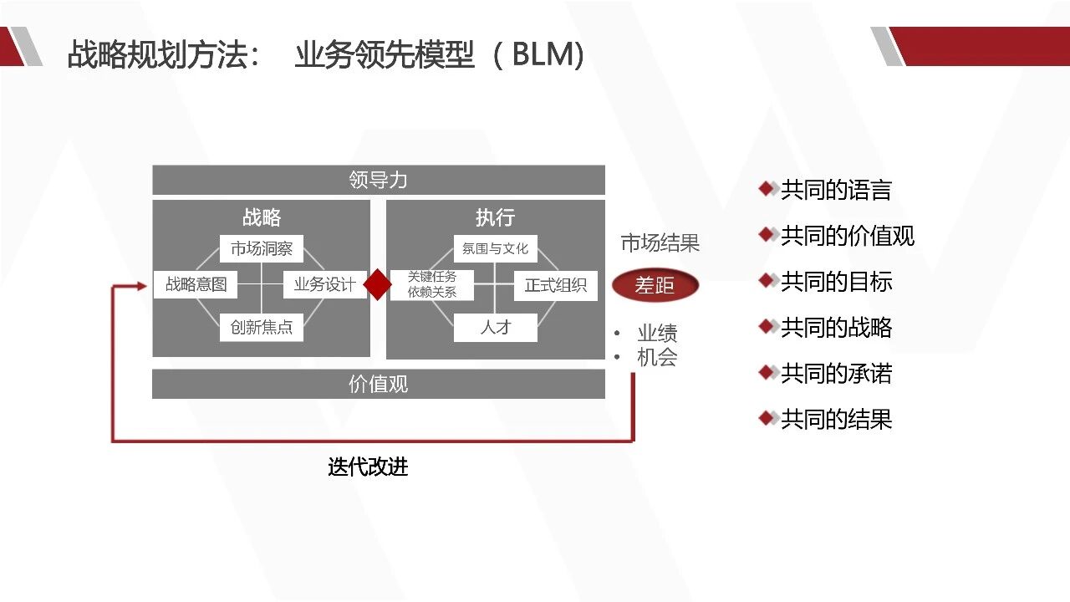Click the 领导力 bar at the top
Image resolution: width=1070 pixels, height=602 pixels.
pyautogui.click(x=378, y=180)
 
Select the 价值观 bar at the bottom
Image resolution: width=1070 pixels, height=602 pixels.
pyautogui.click(x=378, y=385)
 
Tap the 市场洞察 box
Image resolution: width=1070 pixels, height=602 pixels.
pyautogui.click(x=262, y=248)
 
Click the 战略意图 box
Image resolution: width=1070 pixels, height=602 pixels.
pyautogui.click(x=196, y=284)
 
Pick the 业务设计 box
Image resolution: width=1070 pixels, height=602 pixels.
pyautogui.click(x=324, y=284)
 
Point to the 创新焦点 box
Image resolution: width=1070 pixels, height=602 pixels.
pyautogui.click(x=262, y=327)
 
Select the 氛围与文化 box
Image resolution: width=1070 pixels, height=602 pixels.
pyautogui.click(x=495, y=248)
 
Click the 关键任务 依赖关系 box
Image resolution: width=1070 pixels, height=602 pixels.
pyautogui.click(x=432, y=284)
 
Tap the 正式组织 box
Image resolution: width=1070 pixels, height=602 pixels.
pyautogui.click(x=555, y=285)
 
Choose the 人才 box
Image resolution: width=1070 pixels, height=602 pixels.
pyautogui.click(x=495, y=327)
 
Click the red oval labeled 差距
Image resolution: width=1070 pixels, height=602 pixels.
pyautogui.click(x=655, y=285)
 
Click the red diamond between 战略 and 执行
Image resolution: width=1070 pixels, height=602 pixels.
pyautogui.click(x=378, y=284)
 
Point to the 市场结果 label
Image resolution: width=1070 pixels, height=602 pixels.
pyautogui.click(x=660, y=243)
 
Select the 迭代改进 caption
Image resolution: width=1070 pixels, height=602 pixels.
pyautogui.click(x=368, y=467)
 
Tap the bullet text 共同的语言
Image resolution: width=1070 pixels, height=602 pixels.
pyautogui.click(x=836, y=190)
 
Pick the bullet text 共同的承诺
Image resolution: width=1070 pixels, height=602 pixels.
pyautogui.click(x=836, y=373)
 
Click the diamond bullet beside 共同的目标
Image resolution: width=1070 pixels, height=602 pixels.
pyautogui.click(x=767, y=280)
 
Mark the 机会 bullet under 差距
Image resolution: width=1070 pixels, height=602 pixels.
pyautogui.click(x=657, y=357)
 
